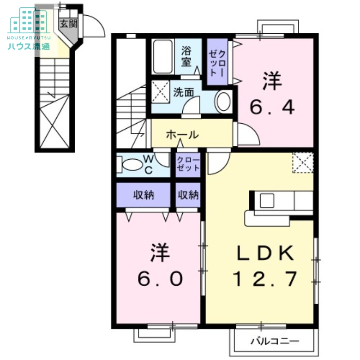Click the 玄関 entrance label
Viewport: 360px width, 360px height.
[68, 24]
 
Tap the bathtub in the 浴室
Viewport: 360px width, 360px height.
[162, 57]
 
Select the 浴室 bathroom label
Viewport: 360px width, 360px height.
[186, 56]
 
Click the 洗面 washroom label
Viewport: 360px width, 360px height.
[184, 92]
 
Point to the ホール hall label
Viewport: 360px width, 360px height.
[182, 135]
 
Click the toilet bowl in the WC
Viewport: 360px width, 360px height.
[132, 165]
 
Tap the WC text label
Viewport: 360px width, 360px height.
[149, 164]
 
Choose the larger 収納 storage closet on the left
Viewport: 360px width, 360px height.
[144, 195]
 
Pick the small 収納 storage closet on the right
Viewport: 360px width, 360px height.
[188, 195]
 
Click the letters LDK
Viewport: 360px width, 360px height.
[265, 253]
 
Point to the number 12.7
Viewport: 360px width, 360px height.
[265, 279]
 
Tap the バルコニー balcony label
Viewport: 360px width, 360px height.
[275, 341]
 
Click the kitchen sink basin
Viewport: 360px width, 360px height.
[267, 201]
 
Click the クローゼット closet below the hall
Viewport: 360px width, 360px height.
[188, 164]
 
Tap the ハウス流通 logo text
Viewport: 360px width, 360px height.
[29, 46]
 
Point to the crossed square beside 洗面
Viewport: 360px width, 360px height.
[161, 92]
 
